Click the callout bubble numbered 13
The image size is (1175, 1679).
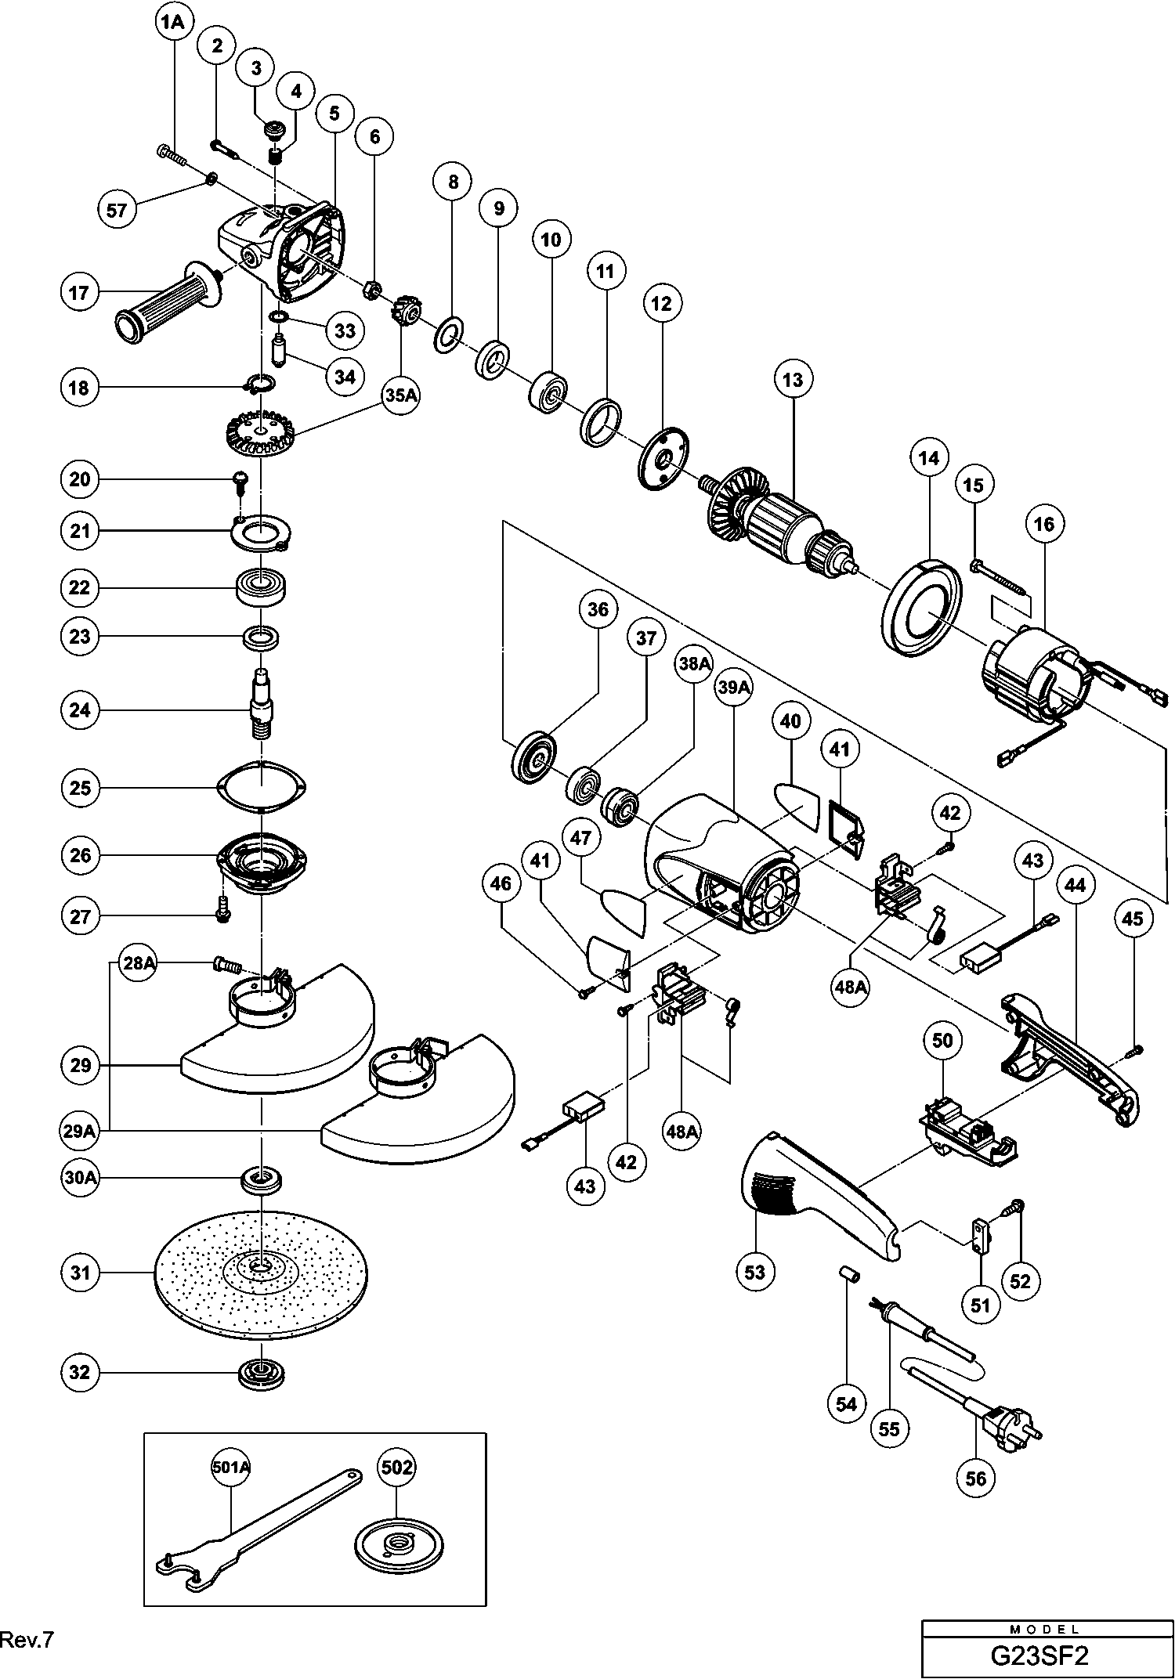793,380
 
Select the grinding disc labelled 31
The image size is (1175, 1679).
261,1273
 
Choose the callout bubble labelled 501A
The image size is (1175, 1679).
230,1468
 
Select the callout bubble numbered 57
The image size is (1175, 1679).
117,209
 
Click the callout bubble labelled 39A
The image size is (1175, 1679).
735,688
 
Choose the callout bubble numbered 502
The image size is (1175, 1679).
396,1466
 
